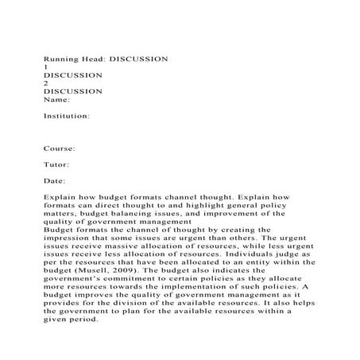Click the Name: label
[x=56, y=99]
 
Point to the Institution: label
[x=66, y=115]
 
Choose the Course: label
[x=60, y=148]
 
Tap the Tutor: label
[x=57, y=165]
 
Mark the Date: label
[x=56, y=180]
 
